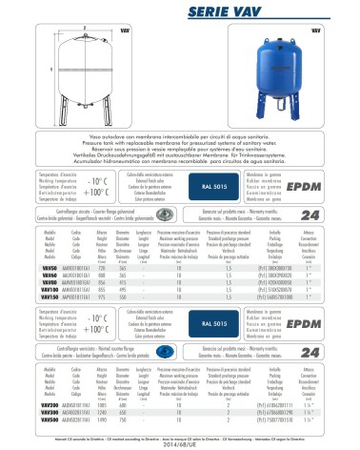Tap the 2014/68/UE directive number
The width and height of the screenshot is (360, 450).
pyautogui.click(x=180, y=441)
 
